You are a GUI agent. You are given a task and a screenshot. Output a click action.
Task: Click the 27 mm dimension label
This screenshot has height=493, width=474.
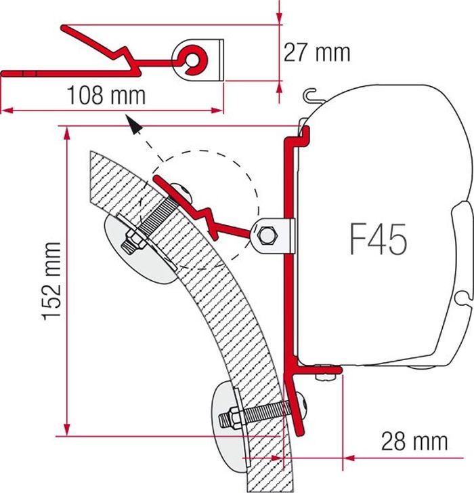[x=316, y=52]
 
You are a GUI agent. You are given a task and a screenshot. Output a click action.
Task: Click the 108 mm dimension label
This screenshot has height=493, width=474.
[x=106, y=95]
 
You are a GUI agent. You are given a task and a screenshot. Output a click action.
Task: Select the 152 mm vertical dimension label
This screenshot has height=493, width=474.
[x=51, y=281]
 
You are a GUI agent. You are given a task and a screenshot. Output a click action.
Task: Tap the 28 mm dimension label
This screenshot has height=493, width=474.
[x=414, y=441]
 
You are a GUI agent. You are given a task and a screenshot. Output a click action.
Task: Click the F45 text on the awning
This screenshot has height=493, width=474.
[x=379, y=239]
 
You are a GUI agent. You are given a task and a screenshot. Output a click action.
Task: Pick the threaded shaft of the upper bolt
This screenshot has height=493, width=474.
[x=154, y=218]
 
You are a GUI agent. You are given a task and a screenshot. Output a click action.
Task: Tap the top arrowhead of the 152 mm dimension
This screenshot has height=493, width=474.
[x=66, y=134]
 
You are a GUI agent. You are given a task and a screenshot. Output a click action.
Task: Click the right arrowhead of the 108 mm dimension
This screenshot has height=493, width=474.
[x=217, y=111]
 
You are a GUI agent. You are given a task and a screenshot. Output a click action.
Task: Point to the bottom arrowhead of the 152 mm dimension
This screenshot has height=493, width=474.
[x=66, y=429]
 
